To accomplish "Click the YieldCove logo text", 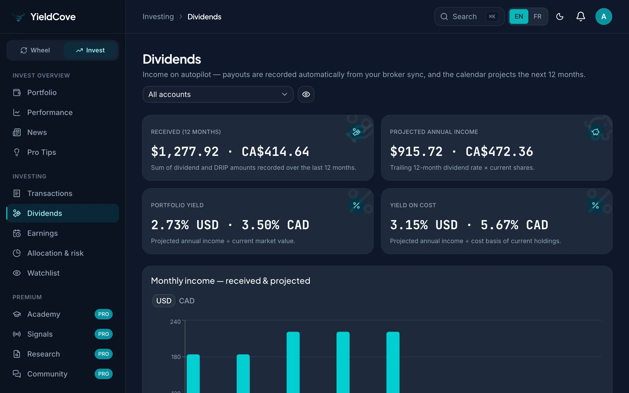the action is click(53, 17).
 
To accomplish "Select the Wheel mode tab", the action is click(35, 50).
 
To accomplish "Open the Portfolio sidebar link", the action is click(42, 92).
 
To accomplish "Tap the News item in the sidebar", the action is click(37, 132).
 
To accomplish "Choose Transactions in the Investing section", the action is click(50, 193).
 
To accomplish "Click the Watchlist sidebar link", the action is click(43, 273).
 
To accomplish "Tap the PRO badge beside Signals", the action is click(104, 334).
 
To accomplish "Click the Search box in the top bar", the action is click(469, 17).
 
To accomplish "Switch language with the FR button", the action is click(538, 17).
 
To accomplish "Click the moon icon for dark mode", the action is click(560, 17).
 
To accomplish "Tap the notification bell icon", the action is click(581, 17).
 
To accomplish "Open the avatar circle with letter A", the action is click(604, 17).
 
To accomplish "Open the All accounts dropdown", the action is click(218, 94).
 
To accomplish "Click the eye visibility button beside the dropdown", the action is click(306, 94).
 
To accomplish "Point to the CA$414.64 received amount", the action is click(275, 152).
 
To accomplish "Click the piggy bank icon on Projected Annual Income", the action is click(595, 132).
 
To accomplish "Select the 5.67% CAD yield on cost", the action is click(514, 225).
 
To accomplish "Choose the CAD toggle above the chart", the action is click(187, 301).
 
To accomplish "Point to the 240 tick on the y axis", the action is click(175, 322).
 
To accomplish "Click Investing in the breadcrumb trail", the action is click(158, 17).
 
